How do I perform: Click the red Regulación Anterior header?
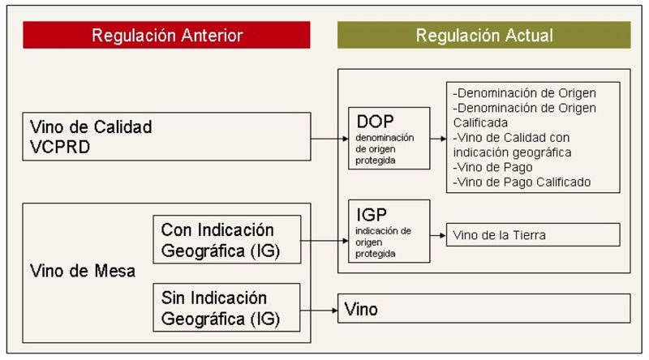166,35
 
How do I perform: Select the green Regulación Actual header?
484,35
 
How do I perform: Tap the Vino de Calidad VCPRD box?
166,136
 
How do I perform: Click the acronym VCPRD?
60,147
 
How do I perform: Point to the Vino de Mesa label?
83,271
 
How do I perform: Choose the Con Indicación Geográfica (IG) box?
227,239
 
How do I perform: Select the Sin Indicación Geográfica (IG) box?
226,307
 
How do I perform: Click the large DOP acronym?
375,122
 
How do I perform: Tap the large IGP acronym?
372,215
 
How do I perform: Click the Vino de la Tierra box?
533,234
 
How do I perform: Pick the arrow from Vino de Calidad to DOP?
329,139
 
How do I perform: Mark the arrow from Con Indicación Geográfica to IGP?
324,241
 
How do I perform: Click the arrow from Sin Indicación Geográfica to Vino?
319,310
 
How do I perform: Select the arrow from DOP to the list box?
438,139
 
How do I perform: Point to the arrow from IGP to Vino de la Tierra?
438,235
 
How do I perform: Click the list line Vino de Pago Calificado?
522,182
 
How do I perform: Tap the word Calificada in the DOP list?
480,122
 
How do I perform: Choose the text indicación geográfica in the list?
513,152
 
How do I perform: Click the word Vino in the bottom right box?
361,309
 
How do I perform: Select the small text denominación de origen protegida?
385,149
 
